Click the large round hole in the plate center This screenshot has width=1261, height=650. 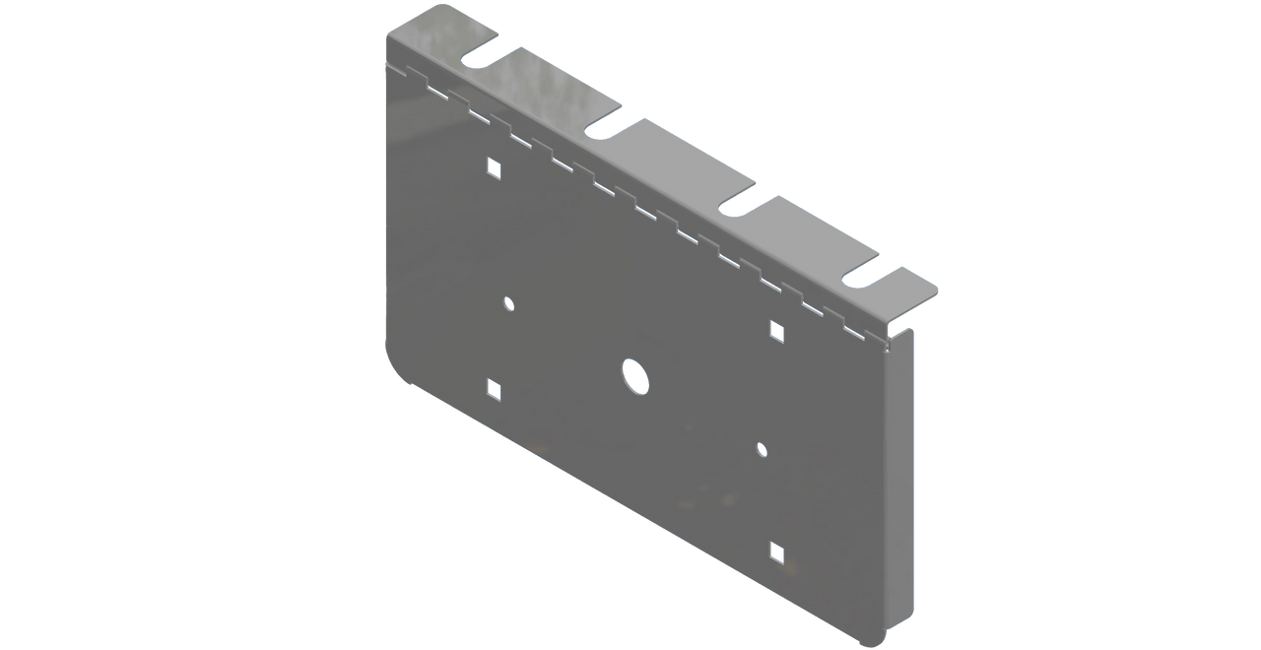(x=635, y=376)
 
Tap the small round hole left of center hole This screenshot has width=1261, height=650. (x=508, y=303)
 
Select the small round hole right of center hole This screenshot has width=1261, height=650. (x=761, y=449)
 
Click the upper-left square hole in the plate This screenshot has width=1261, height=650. (x=494, y=167)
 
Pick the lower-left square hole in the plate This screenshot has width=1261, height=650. (x=494, y=391)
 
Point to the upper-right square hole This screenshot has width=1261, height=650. (x=776, y=331)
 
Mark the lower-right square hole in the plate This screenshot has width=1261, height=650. (x=777, y=553)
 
